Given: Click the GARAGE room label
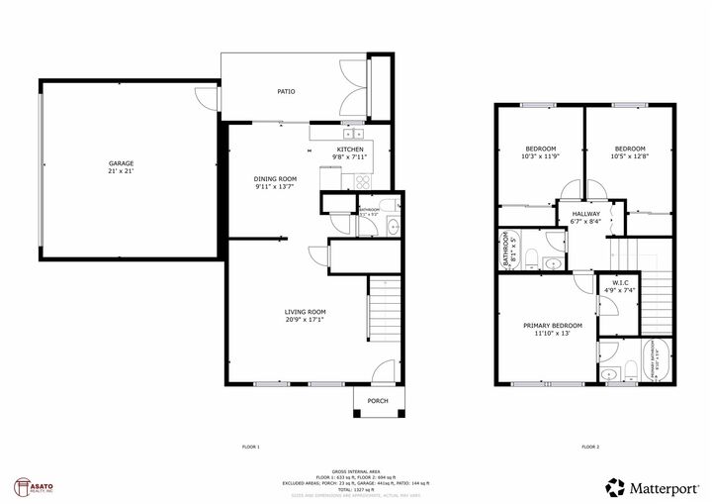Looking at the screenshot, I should pyautogui.click(x=121, y=162).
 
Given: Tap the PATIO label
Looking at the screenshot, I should pyautogui.click(x=285, y=92).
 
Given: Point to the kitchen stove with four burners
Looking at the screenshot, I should pyautogui.click(x=363, y=180).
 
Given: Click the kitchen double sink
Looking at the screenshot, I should pyautogui.click(x=353, y=133).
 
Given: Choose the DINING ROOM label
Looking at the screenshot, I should pyautogui.click(x=275, y=178).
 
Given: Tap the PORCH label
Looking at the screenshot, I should pyautogui.click(x=378, y=401).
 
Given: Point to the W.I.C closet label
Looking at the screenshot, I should pyautogui.click(x=621, y=282).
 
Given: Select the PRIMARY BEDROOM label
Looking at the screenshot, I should pyautogui.click(x=553, y=326).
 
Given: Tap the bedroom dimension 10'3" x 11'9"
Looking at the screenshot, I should pyautogui.click(x=540, y=155).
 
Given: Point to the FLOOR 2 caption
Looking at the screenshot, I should pyautogui.click(x=590, y=447).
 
